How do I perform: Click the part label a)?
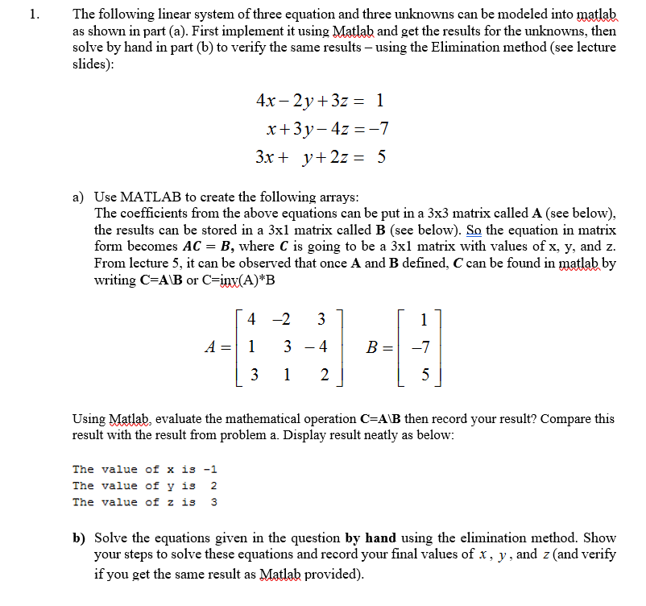[x=79, y=197]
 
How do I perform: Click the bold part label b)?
[x=80, y=538]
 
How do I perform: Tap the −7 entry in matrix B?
[x=421, y=348]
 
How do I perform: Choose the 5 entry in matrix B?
[x=425, y=376]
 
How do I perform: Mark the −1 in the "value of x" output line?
[x=212, y=469]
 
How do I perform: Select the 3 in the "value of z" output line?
[x=213, y=502]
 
